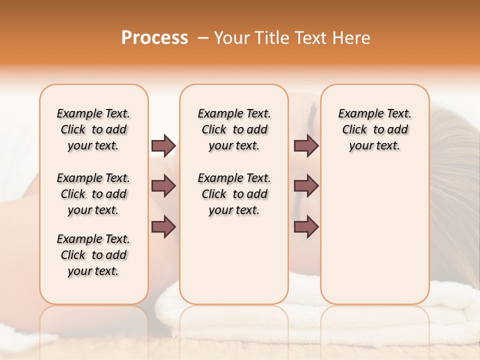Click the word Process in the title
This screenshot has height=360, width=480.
(x=154, y=38)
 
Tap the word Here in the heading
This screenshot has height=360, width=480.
(x=352, y=38)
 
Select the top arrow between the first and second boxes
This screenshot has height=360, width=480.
(x=163, y=145)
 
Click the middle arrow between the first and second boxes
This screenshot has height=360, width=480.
(x=163, y=186)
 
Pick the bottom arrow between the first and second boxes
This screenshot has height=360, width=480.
(x=163, y=227)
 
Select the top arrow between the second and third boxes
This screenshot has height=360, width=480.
(x=306, y=145)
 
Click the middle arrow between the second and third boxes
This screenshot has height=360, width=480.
(x=306, y=186)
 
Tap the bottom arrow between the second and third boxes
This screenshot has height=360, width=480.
(x=306, y=227)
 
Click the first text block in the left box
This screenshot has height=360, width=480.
(x=93, y=129)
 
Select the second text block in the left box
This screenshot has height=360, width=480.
(x=93, y=194)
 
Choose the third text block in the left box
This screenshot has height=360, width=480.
(x=93, y=255)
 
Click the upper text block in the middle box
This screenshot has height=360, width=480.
(x=234, y=129)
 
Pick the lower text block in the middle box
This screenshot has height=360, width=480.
(x=234, y=194)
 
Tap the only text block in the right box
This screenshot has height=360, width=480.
(x=374, y=129)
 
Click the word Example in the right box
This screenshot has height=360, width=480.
(x=356, y=114)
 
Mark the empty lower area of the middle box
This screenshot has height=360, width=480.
(x=234, y=260)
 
